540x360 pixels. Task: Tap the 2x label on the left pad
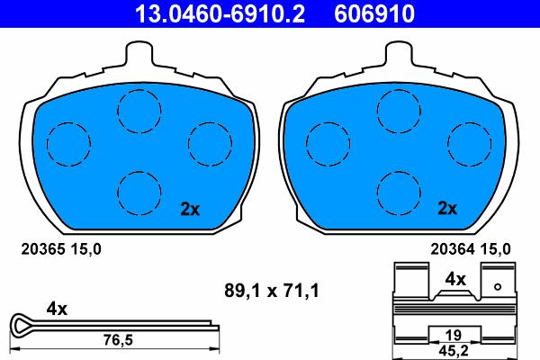click(189, 209)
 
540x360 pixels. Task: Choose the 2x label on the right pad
click(447, 209)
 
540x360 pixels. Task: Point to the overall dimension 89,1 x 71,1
click(272, 290)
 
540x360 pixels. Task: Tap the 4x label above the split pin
click(57, 309)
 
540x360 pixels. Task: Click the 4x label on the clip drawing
click(455, 280)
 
